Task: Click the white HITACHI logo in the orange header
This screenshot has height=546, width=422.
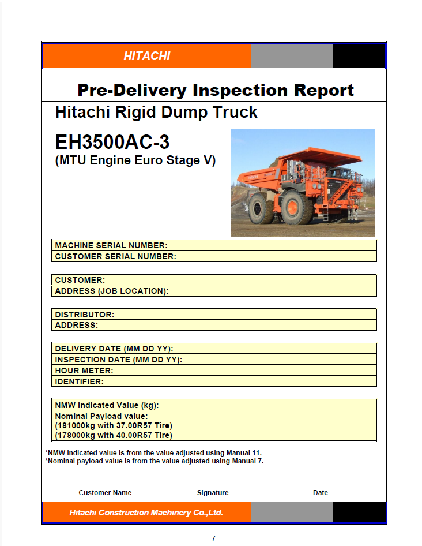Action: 147,56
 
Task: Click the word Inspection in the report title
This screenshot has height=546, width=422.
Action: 240,90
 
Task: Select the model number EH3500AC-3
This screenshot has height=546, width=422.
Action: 112,142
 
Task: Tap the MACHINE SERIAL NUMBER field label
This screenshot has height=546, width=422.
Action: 111,245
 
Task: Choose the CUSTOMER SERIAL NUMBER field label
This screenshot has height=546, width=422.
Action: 116,257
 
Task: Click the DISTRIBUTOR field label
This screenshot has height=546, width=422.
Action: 85,315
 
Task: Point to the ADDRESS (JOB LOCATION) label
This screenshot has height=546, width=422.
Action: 112,291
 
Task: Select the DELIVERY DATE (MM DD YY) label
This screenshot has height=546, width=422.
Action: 114,349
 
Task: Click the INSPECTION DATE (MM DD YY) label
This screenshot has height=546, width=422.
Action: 119,360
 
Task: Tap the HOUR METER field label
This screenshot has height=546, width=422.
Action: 84,371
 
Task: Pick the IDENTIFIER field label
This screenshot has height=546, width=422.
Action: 80,382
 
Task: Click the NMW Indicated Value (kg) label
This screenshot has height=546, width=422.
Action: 107,405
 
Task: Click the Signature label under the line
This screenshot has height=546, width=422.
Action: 213,493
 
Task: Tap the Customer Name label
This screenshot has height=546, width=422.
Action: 105,493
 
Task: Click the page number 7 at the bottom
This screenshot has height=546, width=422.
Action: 214,538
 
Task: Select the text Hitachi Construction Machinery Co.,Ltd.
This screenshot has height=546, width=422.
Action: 146,513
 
